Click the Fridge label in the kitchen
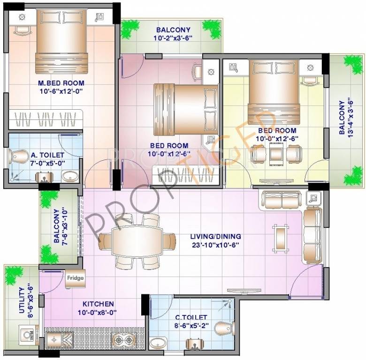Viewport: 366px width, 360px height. tap(75, 278)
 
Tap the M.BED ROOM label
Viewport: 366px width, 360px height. tap(61, 83)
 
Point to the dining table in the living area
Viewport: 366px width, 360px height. tap(137, 241)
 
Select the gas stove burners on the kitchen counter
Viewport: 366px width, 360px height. tap(123, 341)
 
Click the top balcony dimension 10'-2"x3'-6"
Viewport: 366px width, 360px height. tap(170, 39)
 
